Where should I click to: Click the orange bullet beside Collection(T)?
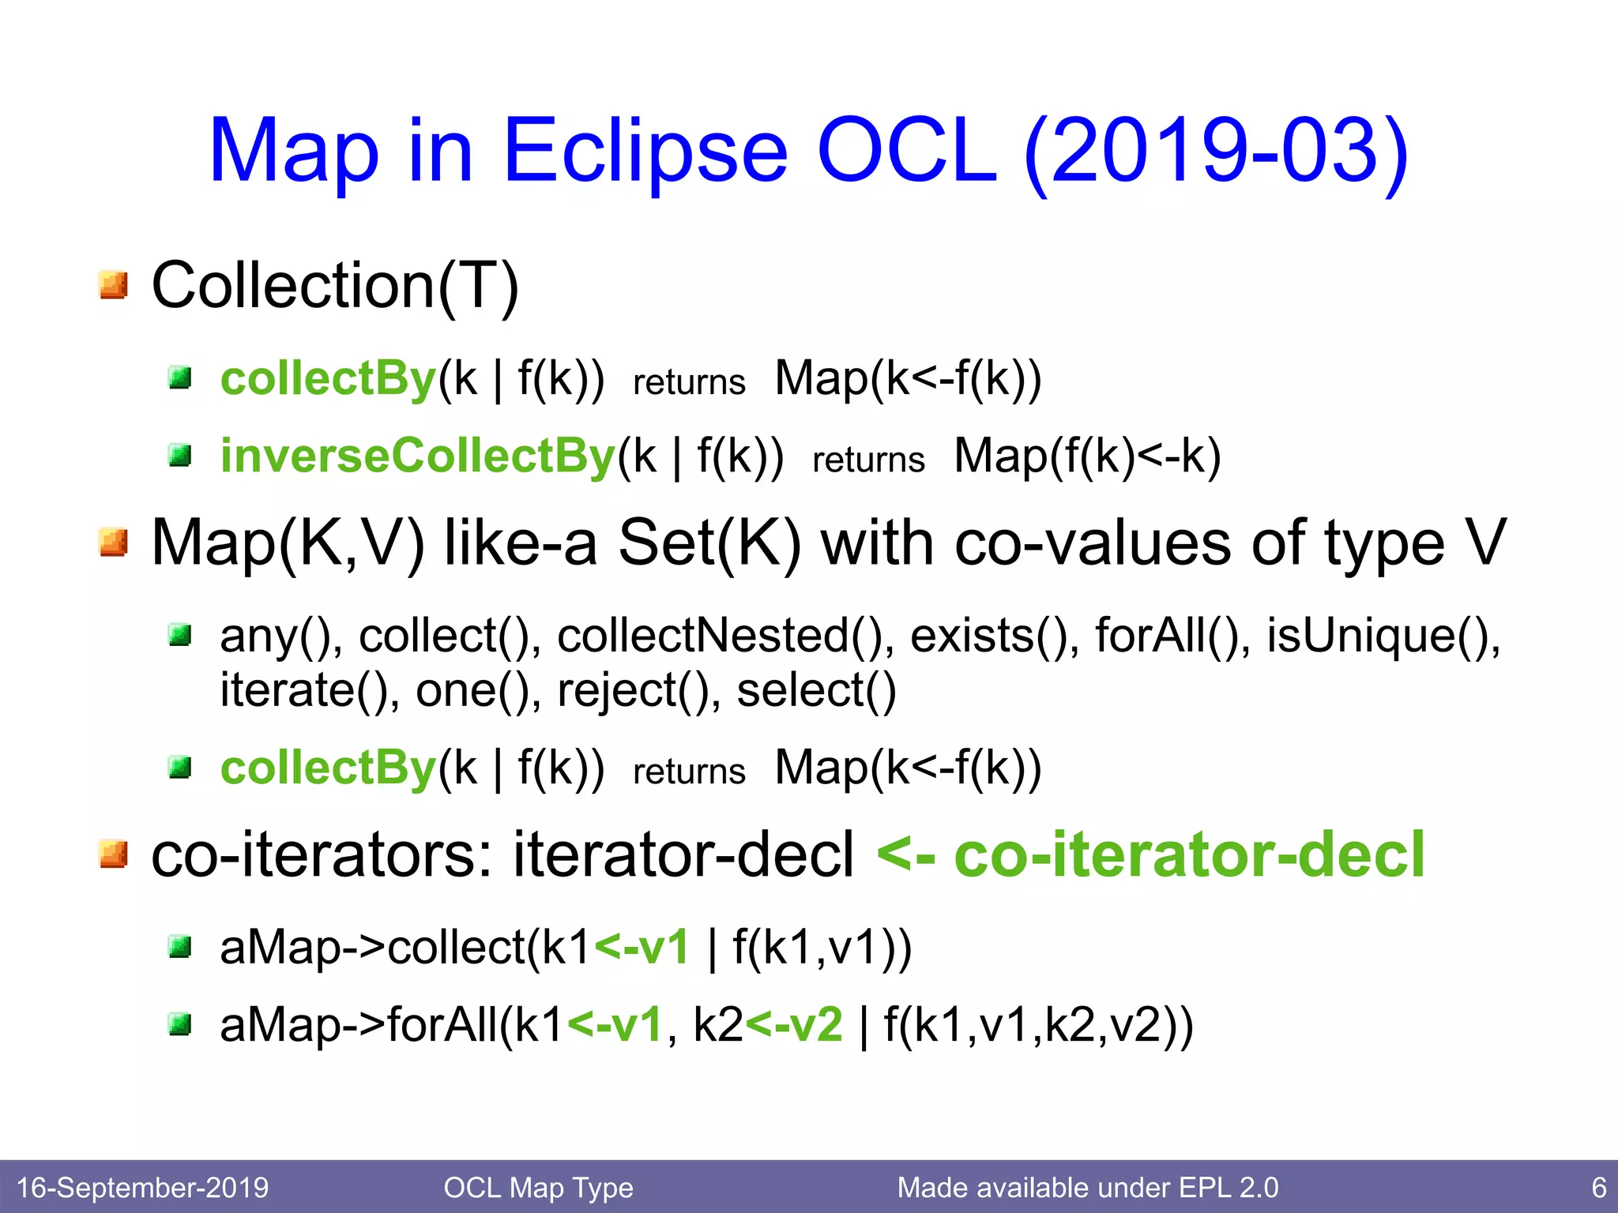pyautogui.click(x=114, y=285)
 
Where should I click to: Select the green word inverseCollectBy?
pyautogui.click(x=417, y=456)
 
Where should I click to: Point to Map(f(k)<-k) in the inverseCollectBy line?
pyautogui.click(x=1087, y=456)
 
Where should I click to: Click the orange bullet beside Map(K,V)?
pyautogui.click(x=114, y=543)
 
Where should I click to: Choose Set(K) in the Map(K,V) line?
pyautogui.click(x=709, y=543)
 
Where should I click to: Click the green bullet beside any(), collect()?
pyautogui.click(x=181, y=634)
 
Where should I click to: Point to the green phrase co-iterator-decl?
pyautogui.click(x=1189, y=854)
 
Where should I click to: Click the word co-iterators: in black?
pyautogui.click(x=324, y=854)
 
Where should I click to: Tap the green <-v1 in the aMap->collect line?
pyautogui.click(x=641, y=947)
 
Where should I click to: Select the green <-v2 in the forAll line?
pyautogui.click(x=794, y=1025)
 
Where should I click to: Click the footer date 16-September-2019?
pyautogui.click(x=142, y=1188)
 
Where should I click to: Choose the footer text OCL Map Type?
pyautogui.click(x=538, y=1188)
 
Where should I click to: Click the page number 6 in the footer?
pyautogui.click(x=1598, y=1188)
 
